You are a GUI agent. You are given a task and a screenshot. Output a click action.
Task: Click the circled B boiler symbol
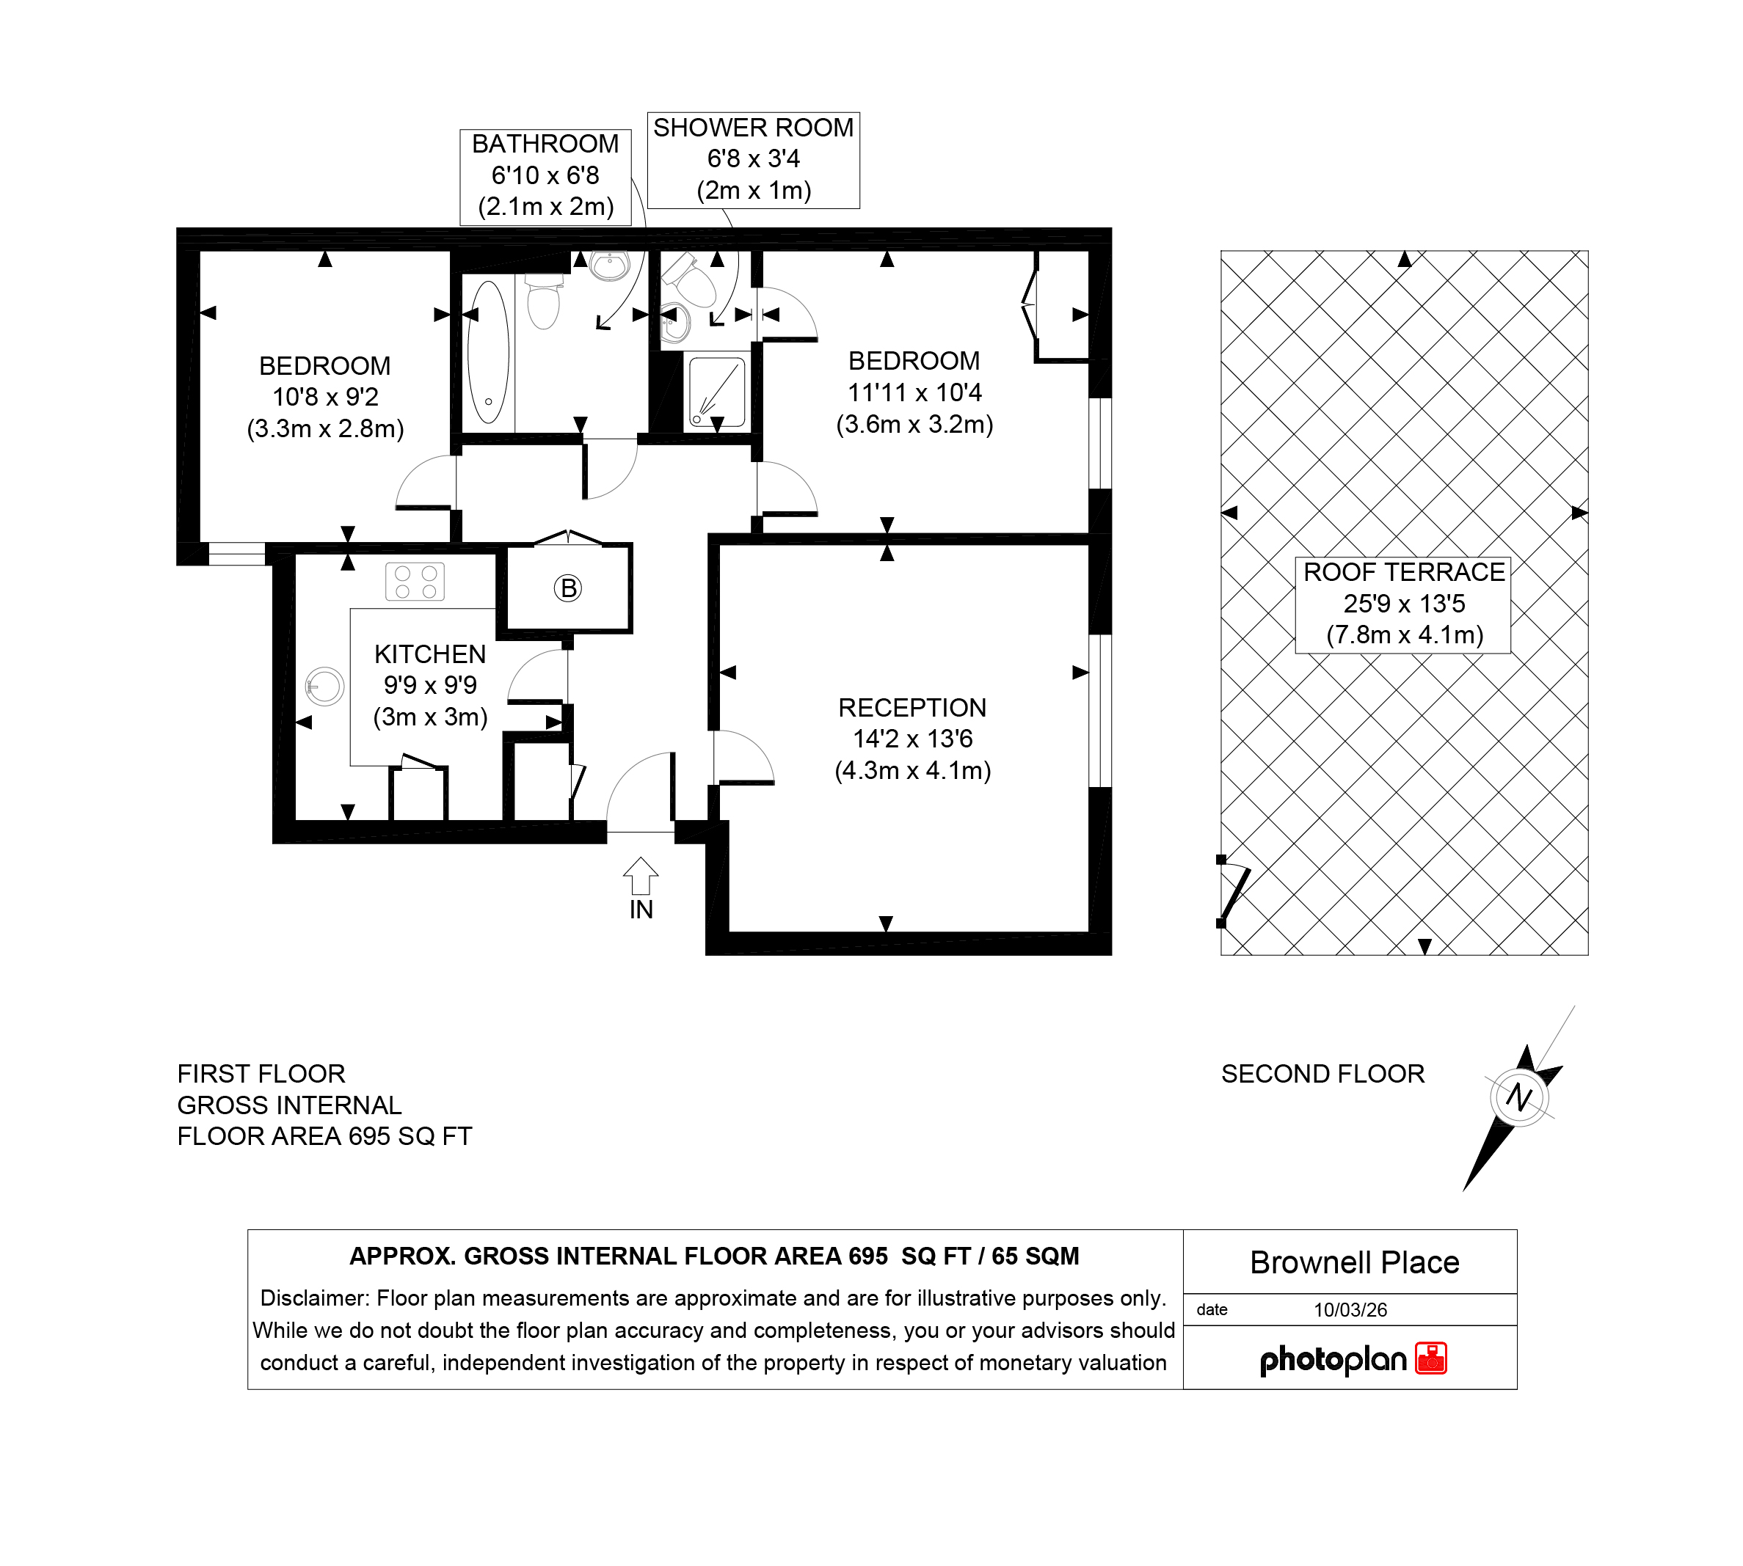567,588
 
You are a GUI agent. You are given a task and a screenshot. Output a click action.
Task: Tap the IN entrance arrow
641,876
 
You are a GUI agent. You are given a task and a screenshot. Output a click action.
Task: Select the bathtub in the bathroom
488,352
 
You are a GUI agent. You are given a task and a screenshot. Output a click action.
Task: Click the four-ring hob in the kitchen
415,582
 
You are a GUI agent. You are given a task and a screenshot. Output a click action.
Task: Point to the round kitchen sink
324,687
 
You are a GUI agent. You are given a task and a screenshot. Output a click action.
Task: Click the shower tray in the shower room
716,392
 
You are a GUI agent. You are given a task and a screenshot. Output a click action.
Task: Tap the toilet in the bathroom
543,301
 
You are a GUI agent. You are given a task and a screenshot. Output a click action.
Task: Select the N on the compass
1519,1097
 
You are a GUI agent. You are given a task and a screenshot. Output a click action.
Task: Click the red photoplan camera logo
1431,1358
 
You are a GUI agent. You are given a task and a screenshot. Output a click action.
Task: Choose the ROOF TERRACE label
1404,572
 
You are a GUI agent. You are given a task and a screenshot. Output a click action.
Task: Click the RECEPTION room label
912,708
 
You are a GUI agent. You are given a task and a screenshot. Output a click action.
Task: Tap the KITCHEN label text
430,655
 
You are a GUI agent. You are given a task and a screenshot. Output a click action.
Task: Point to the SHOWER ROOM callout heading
753,128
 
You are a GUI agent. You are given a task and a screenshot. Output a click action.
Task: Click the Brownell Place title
1355,1262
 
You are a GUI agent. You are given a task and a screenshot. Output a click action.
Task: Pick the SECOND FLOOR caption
1323,1074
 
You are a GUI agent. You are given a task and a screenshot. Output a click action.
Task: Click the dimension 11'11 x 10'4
915,393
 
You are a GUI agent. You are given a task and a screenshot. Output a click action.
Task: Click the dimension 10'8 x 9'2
325,398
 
